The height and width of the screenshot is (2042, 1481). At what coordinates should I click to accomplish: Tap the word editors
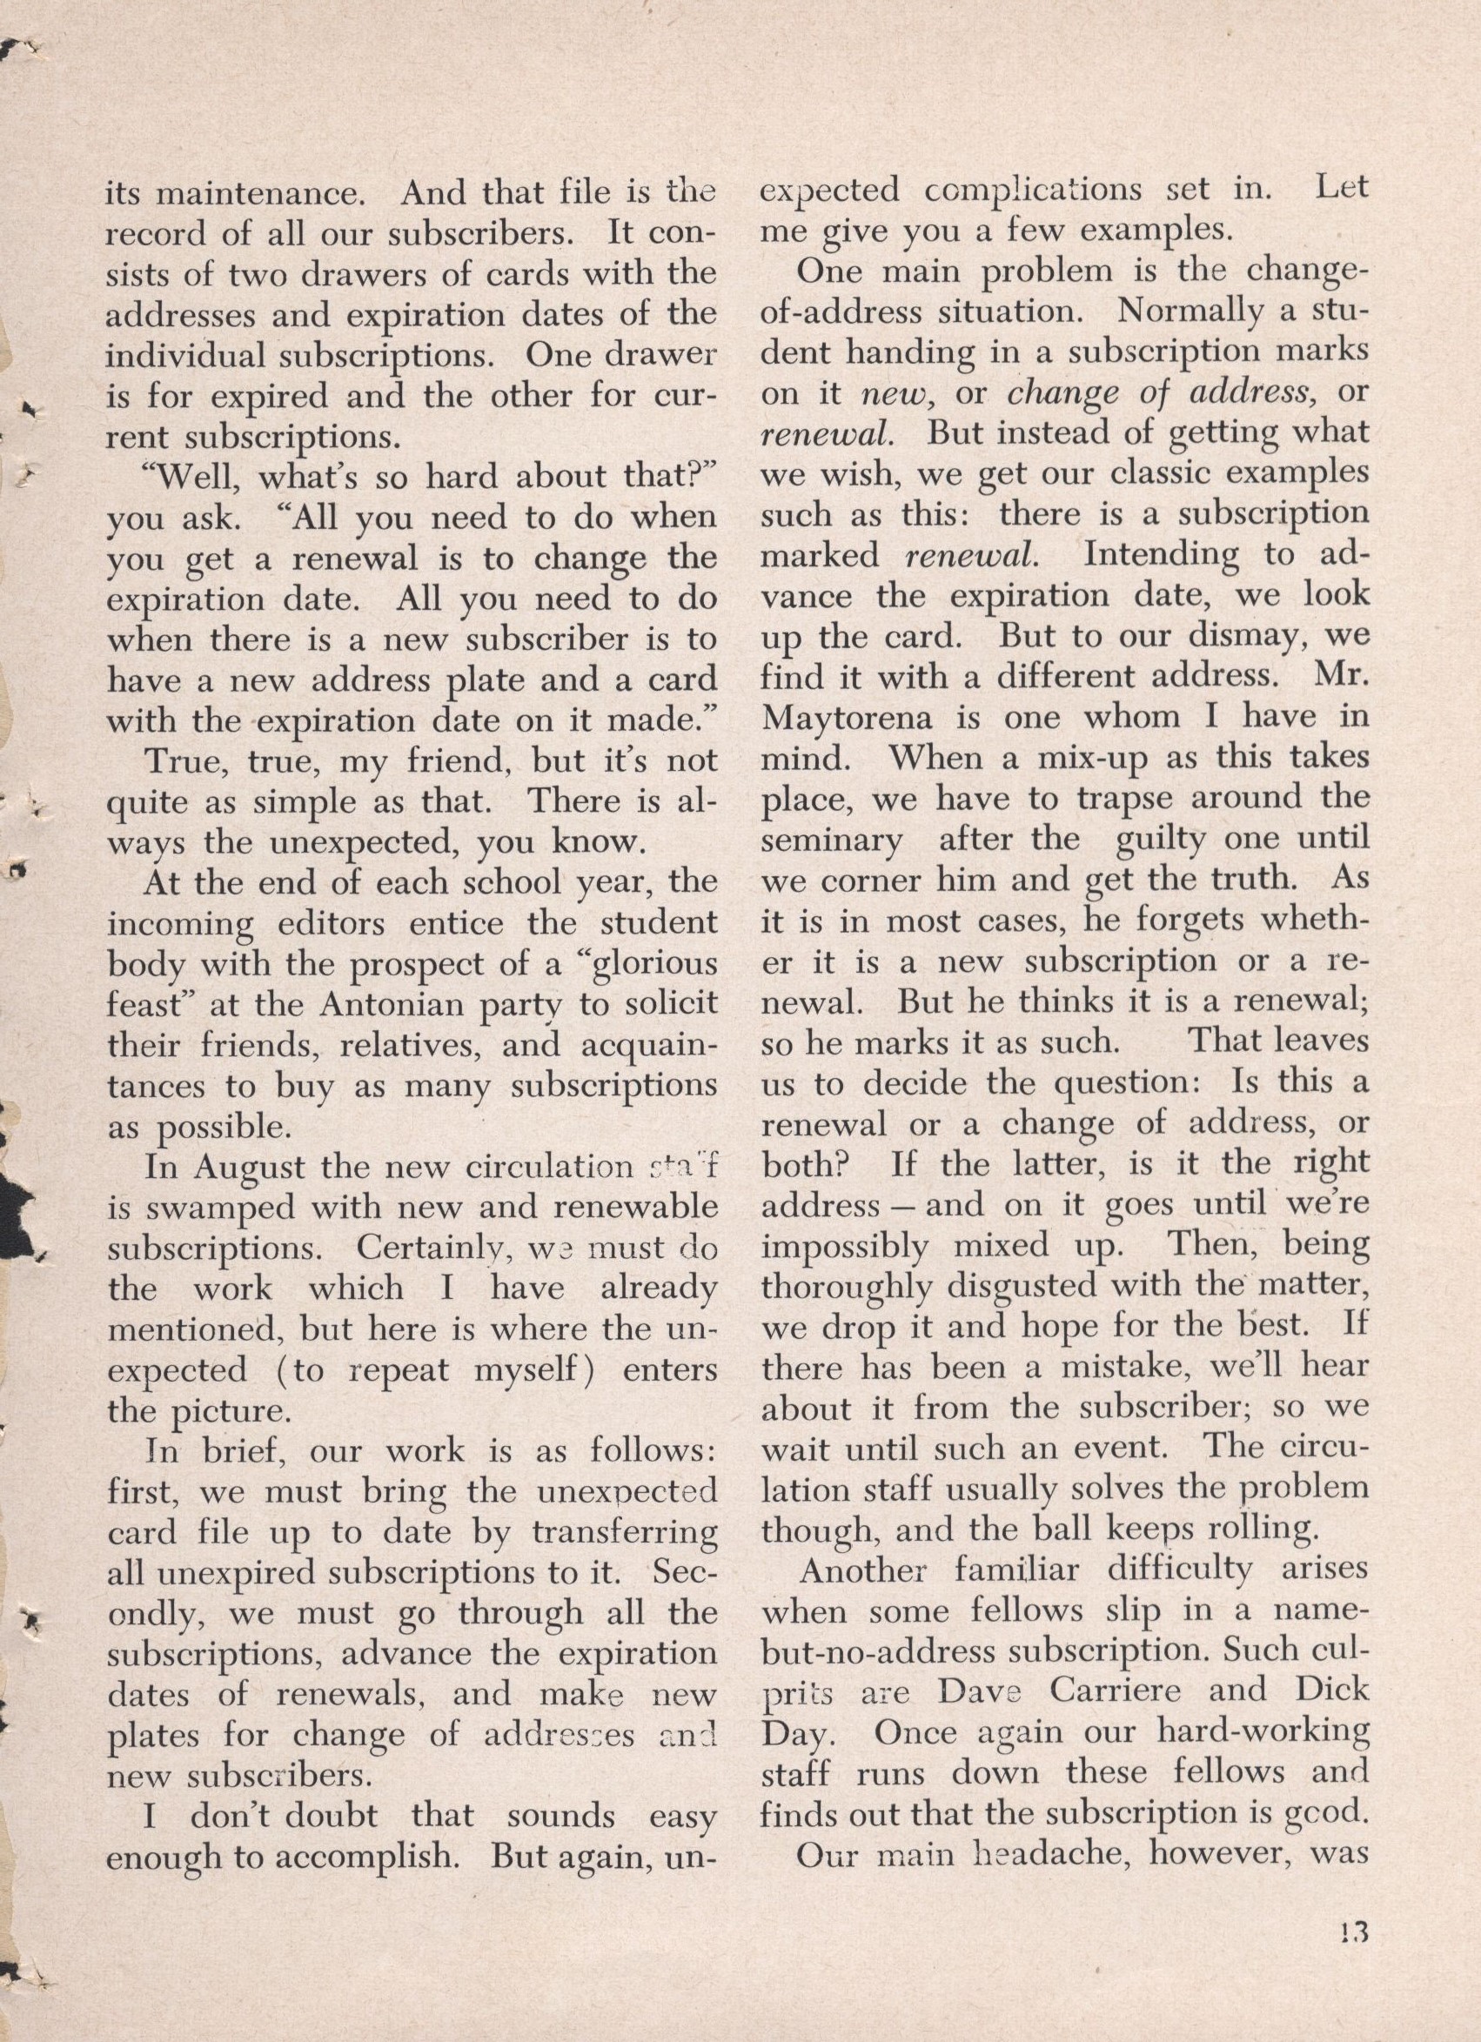pyautogui.click(x=337, y=924)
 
